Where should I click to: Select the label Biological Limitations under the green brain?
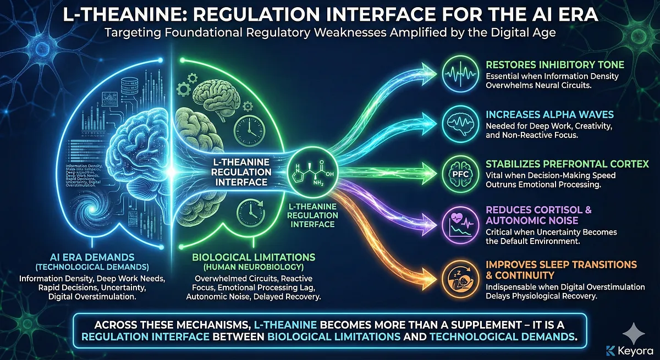(254, 257)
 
